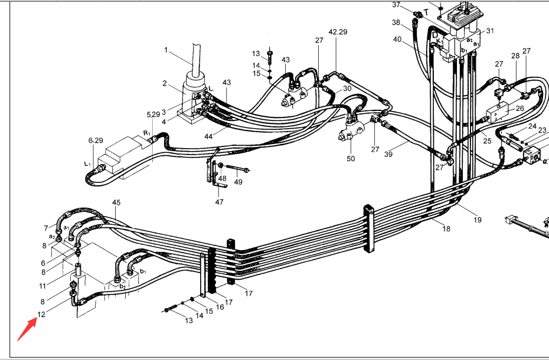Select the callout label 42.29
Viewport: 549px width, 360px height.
pyautogui.click(x=338, y=31)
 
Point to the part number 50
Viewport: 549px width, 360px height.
pyautogui.click(x=351, y=159)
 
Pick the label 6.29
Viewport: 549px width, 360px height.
pyautogui.click(x=95, y=140)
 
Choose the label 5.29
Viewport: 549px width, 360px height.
pyautogui.click(x=153, y=114)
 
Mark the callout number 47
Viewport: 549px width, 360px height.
pyautogui.click(x=219, y=202)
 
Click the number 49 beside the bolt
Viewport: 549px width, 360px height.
pyautogui.click(x=238, y=182)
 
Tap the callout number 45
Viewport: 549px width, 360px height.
pyautogui.click(x=116, y=202)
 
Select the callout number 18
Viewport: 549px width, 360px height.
pyautogui.click(x=446, y=229)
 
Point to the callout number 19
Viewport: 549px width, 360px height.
pyautogui.click(x=477, y=220)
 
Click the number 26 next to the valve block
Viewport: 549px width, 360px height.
pyautogui.click(x=519, y=109)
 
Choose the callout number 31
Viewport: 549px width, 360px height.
pyautogui.click(x=490, y=31)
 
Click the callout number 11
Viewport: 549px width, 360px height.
pyautogui.click(x=43, y=286)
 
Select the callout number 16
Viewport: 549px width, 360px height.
pyautogui.click(x=220, y=307)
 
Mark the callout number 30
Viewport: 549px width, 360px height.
pyautogui.click(x=347, y=88)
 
